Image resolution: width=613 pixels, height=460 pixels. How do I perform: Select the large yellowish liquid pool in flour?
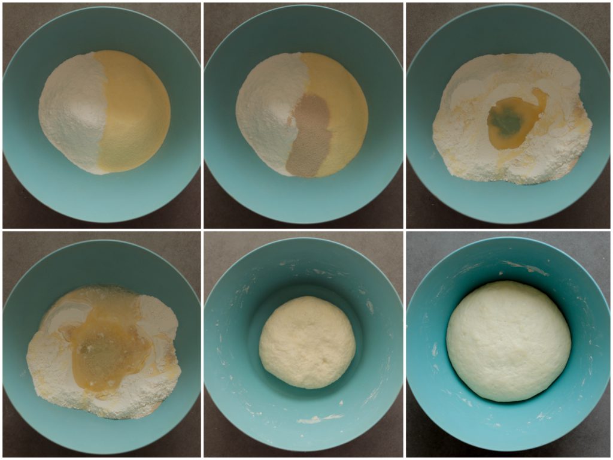(x=108, y=353)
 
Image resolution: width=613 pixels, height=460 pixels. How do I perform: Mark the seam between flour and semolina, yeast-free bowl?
(x=102, y=114)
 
